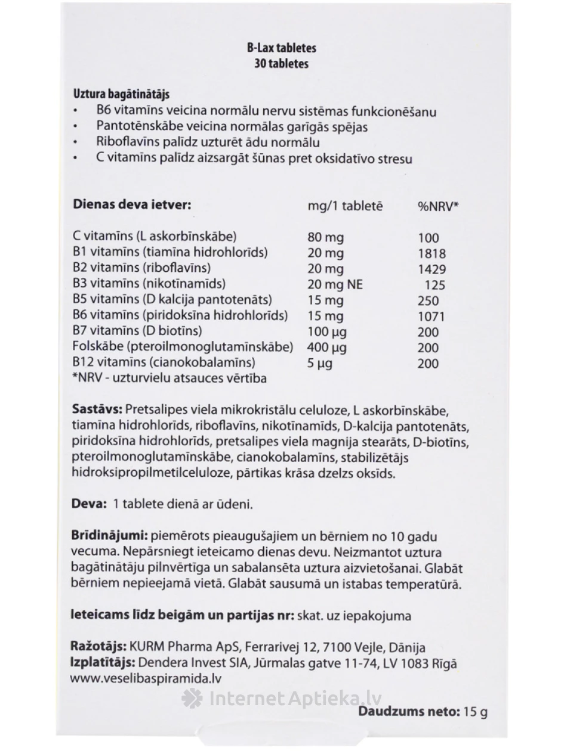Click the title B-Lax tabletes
pyautogui.click(x=282, y=48)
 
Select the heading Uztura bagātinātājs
pyautogui.click(x=122, y=94)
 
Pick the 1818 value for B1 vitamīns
pyautogui.click(x=432, y=253)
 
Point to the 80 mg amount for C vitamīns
pyautogui.click(x=325, y=238)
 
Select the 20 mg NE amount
pyautogui.click(x=335, y=285)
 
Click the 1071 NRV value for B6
pyautogui.click(x=432, y=316)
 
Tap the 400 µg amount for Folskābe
pyautogui.click(x=326, y=347)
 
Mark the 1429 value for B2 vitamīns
pyautogui.click(x=432, y=269)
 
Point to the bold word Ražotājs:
pyautogui.click(x=98, y=647)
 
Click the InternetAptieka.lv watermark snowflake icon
pyautogui.click(x=192, y=699)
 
